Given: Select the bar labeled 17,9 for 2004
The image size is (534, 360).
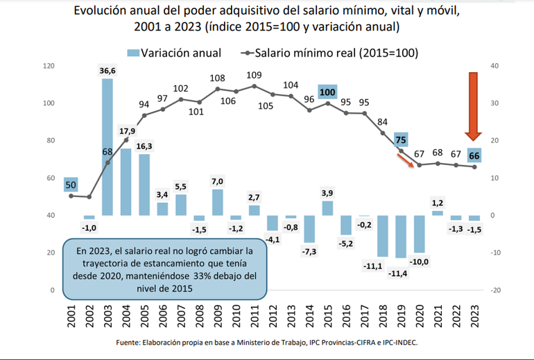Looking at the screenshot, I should pyautogui.click(x=126, y=182).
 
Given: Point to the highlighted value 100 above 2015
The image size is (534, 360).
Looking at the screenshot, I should pyautogui.click(x=327, y=93).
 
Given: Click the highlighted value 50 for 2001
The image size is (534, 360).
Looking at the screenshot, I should pyautogui.click(x=71, y=184).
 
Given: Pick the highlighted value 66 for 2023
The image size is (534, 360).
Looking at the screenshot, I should pyautogui.click(x=474, y=155).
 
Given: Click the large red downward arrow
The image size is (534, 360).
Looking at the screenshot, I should pyautogui.click(x=474, y=105).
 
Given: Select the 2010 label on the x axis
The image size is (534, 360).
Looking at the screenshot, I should pyautogui.click(x=236, y=318).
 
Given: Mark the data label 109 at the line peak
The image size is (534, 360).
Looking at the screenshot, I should pyautogui.click(x=254, y=76).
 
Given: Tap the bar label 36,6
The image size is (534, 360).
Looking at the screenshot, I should pyautogui.click(x=107, y=70).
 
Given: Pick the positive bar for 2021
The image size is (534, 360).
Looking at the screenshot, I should pyautogui.click(x=438, y=212).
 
